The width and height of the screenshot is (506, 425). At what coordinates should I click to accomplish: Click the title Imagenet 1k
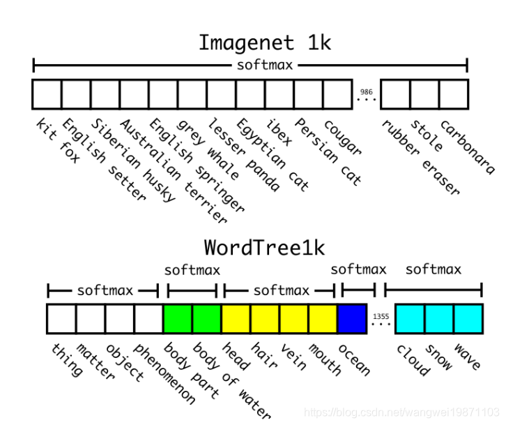pos(265,43)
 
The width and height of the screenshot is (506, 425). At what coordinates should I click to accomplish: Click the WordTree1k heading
pos(264,248)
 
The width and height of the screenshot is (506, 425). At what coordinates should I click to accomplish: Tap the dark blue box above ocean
pos(351,319)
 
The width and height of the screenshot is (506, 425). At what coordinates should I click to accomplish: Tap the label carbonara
pos(467,147)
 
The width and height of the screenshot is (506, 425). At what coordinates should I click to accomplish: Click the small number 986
pos(366,91)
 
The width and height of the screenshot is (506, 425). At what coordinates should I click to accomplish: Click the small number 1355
pos(381,316)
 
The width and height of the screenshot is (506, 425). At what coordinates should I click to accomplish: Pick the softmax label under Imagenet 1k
pos(265,66)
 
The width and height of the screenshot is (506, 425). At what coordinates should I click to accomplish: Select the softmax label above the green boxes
pos(192,269)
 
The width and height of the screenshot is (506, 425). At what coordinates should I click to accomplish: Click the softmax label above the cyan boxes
pos(433,269)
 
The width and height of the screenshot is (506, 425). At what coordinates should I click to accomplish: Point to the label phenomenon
pos(164,373)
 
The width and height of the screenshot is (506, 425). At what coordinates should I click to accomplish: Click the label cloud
pos(412,359)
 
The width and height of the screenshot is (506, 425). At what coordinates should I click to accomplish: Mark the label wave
pos(466,356)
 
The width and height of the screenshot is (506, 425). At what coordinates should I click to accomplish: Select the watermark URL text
pos(402,413)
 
